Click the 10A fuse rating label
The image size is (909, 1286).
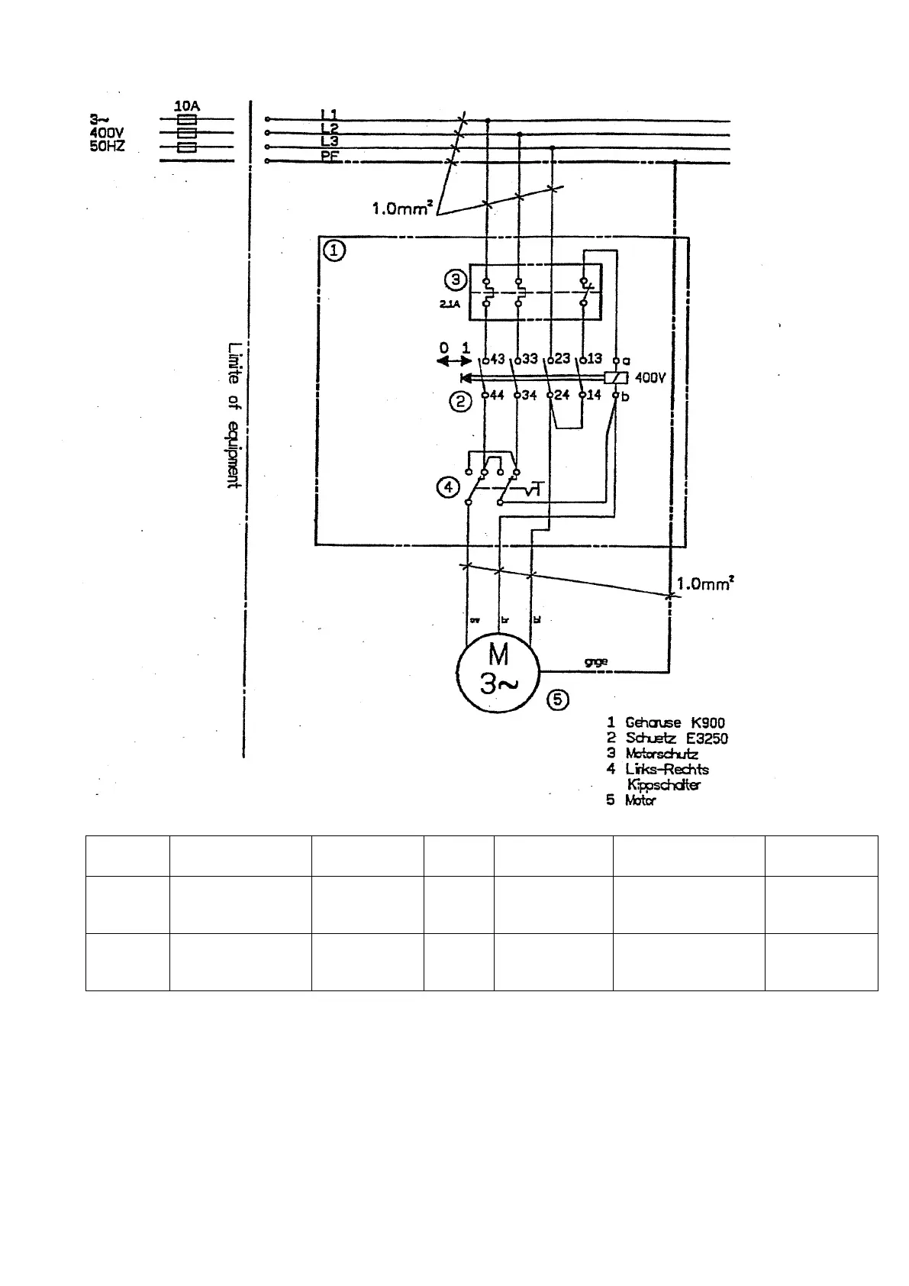click(187, 106)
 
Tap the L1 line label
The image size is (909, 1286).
click(330, 114)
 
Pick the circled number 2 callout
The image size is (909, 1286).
click(460, 400)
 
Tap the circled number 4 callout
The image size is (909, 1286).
click(449, 486)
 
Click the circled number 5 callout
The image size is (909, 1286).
click(559, 699)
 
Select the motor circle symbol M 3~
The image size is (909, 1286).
click(498, 670)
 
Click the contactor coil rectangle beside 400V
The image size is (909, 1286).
click(615, 377)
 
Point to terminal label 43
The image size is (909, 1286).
click(498, 360)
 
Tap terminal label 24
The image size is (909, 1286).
click(562, 395)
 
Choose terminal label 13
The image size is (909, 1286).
click(594, 360)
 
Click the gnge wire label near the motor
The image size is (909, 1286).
click(595, 661)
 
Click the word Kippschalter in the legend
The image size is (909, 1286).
click(663, 784)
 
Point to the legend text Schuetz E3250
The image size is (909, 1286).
click(676, 738)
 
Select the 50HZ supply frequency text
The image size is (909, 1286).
click(108, 146)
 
